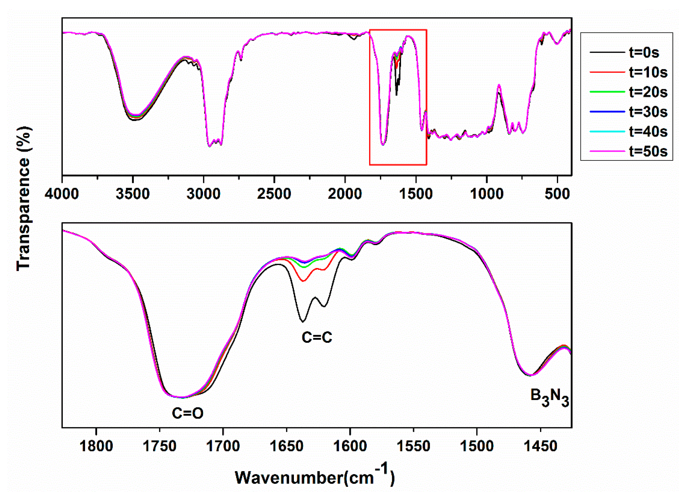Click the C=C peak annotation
tap(317, 337)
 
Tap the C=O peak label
tap(187, 413)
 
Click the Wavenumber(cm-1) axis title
tap(314, 477)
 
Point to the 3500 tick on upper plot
tap(133, 194)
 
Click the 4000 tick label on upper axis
tap(62, 194)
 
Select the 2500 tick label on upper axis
tap(274, 194)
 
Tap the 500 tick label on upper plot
tap(557, 194)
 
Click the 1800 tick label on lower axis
tap(96, 446)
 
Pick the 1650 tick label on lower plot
tap(287, 446)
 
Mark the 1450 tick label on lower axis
tap(541, 446)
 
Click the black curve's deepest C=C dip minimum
tap(302, 322)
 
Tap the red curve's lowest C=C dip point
tap(303, 281)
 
